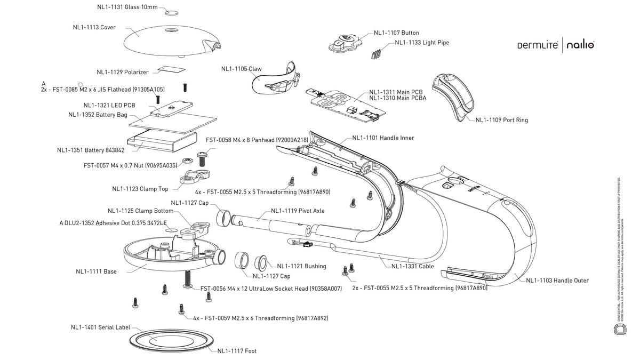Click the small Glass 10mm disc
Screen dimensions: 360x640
point(172,12)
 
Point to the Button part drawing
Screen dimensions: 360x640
point(344,42)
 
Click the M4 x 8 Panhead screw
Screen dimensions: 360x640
point(203,157)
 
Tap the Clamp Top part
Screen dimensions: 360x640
point(195,176)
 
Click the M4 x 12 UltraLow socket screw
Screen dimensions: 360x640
point(187,279)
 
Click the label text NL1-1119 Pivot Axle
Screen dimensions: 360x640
point(298,210)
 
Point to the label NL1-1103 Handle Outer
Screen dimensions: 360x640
point(557,281)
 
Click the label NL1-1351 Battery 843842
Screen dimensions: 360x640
point(91,150)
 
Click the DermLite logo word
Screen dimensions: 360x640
point(536,46)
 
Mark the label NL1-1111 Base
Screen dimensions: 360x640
point(96,271)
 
